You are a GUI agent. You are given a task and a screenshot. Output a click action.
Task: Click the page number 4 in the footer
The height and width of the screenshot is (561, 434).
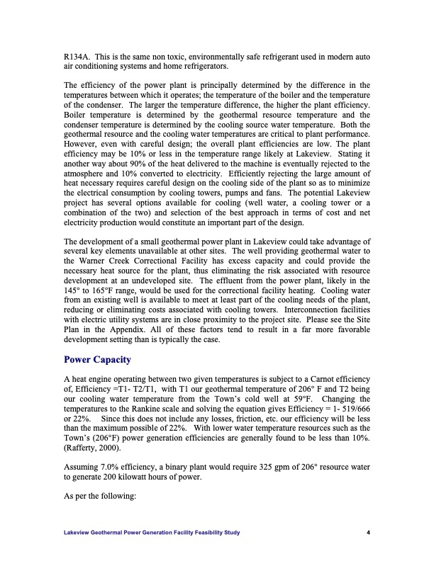tap(369, 533)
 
